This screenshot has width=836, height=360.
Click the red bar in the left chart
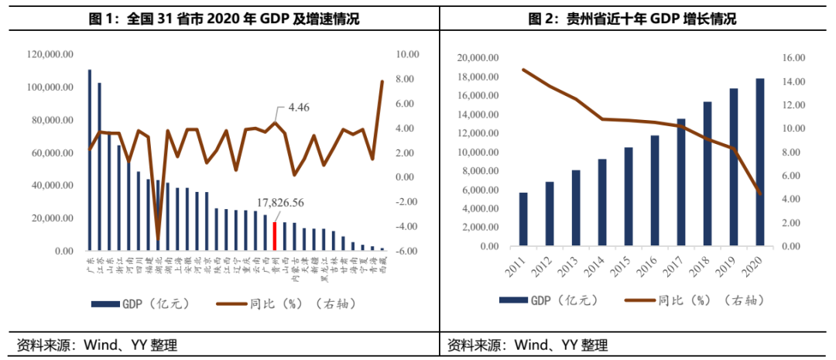click(275, 236)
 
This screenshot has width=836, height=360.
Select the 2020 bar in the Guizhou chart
click(759, 163)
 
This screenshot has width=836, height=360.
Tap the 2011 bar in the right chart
click(523, 220)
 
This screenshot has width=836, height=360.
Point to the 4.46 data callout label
click(299, 108)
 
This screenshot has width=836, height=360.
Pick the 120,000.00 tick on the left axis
click(50, 54)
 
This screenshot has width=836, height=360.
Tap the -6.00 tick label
click(406, 251)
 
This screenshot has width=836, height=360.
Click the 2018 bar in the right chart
click(708, 174)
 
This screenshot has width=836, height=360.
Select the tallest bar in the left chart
click(89, 160)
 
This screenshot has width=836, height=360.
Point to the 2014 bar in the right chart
click(602, 203)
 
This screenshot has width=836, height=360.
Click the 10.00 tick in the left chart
click(406, 54)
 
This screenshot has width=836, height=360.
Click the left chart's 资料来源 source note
click(102, 345)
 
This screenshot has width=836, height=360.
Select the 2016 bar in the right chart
click(655, 191)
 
